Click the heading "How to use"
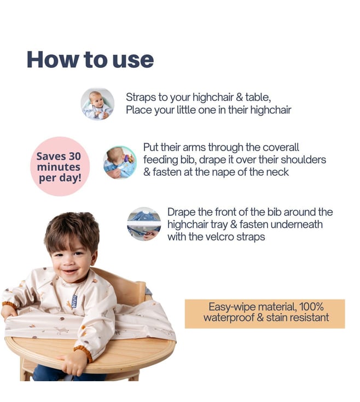click(90, 60)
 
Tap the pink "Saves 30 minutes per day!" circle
click(60, 166)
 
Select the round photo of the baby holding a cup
click(97, 104)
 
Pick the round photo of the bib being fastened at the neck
click(120, 162)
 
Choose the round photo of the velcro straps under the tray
click(144, 224)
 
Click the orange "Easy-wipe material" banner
click(265, 314)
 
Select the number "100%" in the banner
click(311, 307)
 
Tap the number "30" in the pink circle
click(74, 156)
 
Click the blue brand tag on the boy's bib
click(74, 301)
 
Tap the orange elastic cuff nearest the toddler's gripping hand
click(84, 353)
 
